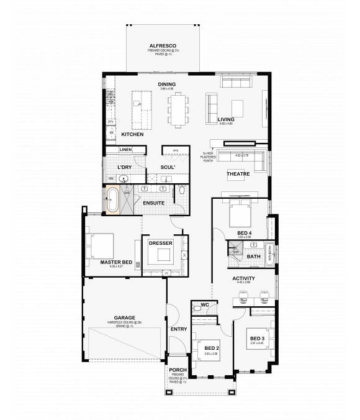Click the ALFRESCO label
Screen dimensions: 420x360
(x=164, y=46)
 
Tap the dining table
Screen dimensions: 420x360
(x=178, y=107)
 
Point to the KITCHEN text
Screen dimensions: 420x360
(x=132, y=134)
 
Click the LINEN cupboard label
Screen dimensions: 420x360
(x=126, y=150)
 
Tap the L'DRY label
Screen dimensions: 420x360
(x=126, y=168)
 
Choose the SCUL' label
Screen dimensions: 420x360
(x=168, y=168)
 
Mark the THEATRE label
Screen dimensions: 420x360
(x=238, y=174)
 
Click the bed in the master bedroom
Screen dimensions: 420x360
(x=101, y=245)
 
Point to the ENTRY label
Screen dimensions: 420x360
(x=179, y=329)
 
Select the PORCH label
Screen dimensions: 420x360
(x=178, y=370)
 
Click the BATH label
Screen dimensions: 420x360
(x=253, y=256)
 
